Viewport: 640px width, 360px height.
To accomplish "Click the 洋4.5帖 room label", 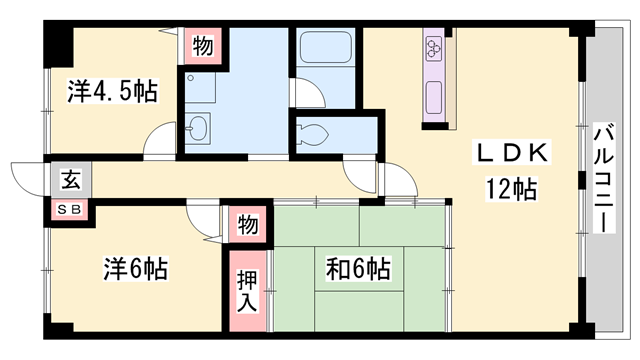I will [x=112, y=92].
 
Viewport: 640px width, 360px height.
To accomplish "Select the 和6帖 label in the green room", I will [x=356, y=270].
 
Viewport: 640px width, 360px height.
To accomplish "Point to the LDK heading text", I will [x=510, y=154].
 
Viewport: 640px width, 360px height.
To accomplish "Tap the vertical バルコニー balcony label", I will [x=603, y=177].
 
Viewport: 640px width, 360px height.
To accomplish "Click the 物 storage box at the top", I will [x=202, y=44].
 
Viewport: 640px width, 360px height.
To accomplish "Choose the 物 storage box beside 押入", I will [x=247, y=224].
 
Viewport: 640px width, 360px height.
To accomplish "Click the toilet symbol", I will [x=313, y=133].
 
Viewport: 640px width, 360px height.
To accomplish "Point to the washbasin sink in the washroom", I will [x=199, y=127].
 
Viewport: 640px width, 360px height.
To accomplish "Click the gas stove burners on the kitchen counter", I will [x=435, y=49].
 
